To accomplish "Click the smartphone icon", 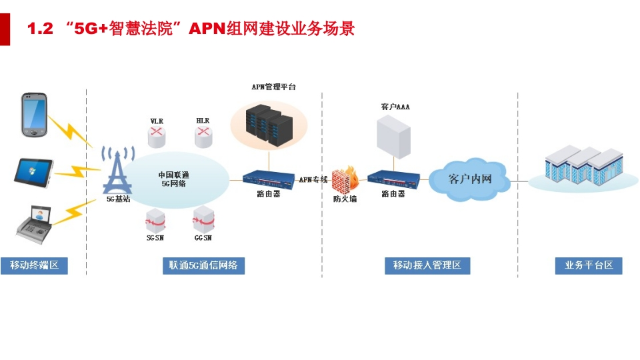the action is point(34,115).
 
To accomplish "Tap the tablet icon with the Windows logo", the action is point(34,173).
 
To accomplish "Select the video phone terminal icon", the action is point(34,225).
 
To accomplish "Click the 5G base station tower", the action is point(117,170).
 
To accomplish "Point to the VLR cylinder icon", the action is point(157,137).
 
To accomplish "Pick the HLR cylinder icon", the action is point(203,136).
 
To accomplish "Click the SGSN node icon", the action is point(155,221).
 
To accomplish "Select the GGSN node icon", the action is point(204,220).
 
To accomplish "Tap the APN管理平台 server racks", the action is point(269,125).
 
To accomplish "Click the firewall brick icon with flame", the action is point(345,180).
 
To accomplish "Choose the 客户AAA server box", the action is point(393,137).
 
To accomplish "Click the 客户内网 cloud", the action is point(469,179).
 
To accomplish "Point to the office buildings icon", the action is point(584,166).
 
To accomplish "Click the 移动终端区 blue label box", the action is point(34,266).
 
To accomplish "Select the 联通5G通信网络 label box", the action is point(204,266).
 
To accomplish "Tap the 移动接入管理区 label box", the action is point(427,266).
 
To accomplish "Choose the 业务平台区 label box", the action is point(589,266).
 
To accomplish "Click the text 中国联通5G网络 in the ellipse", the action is point(174,179).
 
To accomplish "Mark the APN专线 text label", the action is point(313,179).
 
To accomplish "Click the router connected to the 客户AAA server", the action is point(393,180).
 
